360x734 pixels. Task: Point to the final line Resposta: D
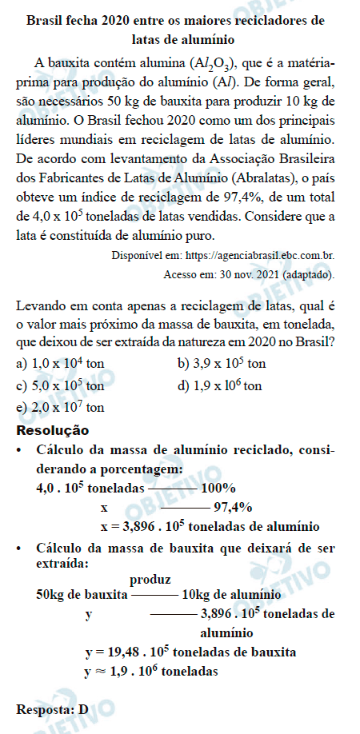coord(51,708)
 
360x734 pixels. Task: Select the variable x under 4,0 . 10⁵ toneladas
coord(104,507)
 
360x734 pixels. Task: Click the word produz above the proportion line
coord(149,579)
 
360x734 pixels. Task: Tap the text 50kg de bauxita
coord(82,595)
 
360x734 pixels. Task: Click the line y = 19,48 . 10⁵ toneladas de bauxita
coord(190,652)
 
